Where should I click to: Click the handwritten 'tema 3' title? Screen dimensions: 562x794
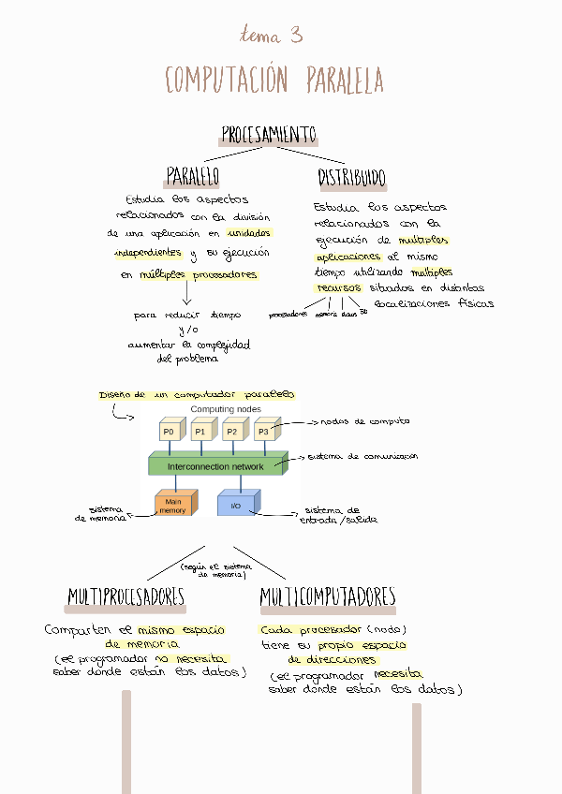(272, 36)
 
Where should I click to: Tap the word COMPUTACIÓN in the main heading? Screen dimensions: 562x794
(227, 81)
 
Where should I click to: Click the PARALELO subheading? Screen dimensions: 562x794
(192, 176)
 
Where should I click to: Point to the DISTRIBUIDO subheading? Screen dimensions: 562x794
(351, 178)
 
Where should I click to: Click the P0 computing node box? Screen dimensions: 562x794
(170, 431)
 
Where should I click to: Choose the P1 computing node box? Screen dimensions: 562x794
(200, 431)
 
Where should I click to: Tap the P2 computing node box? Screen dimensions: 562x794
(231, 431)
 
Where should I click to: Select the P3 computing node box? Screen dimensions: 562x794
(264, 431)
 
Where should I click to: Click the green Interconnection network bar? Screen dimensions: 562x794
(216, 465)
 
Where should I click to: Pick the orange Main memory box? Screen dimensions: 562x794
(173, 505)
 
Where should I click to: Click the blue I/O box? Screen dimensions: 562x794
(236, 506)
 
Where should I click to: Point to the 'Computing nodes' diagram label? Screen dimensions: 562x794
(226, 409)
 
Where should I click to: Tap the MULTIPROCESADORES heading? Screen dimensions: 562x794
(126, 597)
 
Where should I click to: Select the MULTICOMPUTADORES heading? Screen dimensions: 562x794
(328, 597)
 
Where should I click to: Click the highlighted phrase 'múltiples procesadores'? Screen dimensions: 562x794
(199, 275)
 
